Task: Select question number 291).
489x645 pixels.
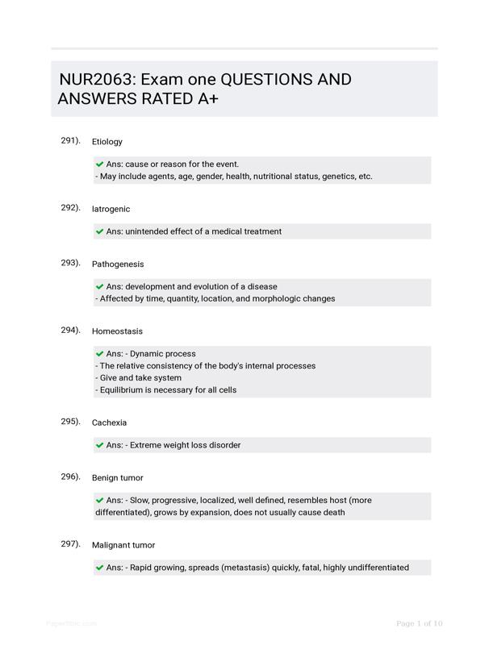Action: pos(71,140)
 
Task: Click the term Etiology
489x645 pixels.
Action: pos(107,141)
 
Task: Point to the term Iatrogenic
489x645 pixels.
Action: pos(111,209)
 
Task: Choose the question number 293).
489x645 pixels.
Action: pos(71,263)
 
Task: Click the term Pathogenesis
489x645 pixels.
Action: pos(118,264)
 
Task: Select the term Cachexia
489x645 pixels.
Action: pos(109,422)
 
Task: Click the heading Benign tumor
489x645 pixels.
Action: pos(117,477)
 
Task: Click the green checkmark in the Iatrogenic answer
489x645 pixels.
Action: pos(100,231)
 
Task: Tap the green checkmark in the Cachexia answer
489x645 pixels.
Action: pos(100,445)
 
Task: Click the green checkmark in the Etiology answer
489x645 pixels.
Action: pos(100,164)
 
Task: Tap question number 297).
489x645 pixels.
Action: pos(71,544)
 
